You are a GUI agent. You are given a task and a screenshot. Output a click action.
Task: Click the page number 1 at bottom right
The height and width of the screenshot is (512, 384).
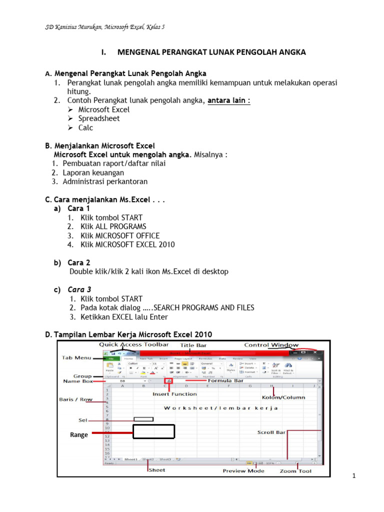click(x=353, y=475)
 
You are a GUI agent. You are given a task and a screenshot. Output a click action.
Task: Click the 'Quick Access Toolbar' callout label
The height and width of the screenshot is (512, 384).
click(x=133, y=344)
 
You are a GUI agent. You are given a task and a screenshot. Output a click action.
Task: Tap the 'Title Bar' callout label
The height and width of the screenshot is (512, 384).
click(x=193, y=345)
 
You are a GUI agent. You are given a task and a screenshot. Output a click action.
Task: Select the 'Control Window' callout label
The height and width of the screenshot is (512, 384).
click(x=271, y=344)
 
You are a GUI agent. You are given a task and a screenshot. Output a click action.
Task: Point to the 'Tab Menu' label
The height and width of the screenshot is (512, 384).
click(x=76, y=357)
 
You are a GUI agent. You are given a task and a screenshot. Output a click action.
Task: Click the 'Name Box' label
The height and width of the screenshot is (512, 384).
click(x=78, y=381)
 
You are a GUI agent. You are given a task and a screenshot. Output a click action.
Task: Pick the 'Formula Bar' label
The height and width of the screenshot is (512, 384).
click(x=225, y=380)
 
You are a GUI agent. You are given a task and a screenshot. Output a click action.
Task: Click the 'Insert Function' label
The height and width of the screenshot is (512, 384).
click(x=174, y=394)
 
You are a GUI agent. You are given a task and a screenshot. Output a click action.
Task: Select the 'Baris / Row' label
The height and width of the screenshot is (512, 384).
click(x=75, y=400)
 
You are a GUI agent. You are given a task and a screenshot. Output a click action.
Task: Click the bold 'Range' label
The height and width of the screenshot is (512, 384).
click(x=79, y=435)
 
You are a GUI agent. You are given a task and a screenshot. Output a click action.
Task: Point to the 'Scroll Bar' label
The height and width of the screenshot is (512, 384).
click(x=271, y=432)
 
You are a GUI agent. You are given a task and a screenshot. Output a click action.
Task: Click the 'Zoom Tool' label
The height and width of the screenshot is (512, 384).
click(x=295, y=471)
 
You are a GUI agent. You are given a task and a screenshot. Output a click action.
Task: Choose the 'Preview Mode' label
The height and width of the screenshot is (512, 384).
click(x=243, y=471)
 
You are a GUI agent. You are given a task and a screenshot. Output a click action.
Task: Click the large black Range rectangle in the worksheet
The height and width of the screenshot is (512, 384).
click(x=153, y=431)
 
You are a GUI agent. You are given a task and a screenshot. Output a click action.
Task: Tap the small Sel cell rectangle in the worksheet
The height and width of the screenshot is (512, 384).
click(x=143, y=419)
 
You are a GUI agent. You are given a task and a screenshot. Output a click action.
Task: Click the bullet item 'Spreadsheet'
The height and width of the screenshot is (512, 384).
click(x=99, y=118)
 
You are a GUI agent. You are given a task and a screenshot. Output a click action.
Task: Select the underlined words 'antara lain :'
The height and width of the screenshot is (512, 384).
click(x=229, y=100)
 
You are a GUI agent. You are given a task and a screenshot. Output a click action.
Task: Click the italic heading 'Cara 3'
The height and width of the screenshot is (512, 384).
click(x=79, y=289)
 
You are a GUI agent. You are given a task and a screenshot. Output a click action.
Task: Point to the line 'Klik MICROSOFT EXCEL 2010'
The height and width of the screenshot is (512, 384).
click(x=127, y=244)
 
